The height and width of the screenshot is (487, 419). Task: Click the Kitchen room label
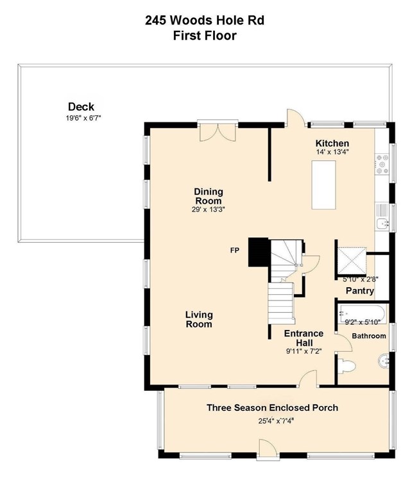click(x=332, y=143)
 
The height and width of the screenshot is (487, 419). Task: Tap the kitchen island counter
click(x=324, y=185)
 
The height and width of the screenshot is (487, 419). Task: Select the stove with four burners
click(x=382, y=164)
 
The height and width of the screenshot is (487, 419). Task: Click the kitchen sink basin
click(x=382, y=224)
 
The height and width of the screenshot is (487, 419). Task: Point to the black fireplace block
click(x=259, y=252)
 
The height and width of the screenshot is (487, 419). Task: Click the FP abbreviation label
click(x=235, y=251)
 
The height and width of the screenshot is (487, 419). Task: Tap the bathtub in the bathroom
click(x=363, y=314)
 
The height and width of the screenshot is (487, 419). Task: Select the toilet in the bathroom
click(x=346, y=366)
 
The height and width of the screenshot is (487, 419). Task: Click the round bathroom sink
click(x=384, y=361)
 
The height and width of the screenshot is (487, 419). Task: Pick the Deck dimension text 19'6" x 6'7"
click(x=83, y=118)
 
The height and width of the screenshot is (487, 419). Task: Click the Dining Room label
click(x=209, y=195)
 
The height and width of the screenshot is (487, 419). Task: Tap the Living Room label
click(x=199, y=319)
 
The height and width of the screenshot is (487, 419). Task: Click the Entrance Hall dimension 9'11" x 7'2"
click(x=304, y=351)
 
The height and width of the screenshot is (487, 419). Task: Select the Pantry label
click(x=360, y=291)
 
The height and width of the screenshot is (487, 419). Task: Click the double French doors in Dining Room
click(x=218, y=132)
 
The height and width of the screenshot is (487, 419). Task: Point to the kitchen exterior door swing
click(x=296, y=118)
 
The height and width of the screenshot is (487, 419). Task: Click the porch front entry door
click(x=267, y=449)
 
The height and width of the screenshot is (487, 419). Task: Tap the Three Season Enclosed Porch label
click(x=272, y=408)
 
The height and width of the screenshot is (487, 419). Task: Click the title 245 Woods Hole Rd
click(x=205, y=21)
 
